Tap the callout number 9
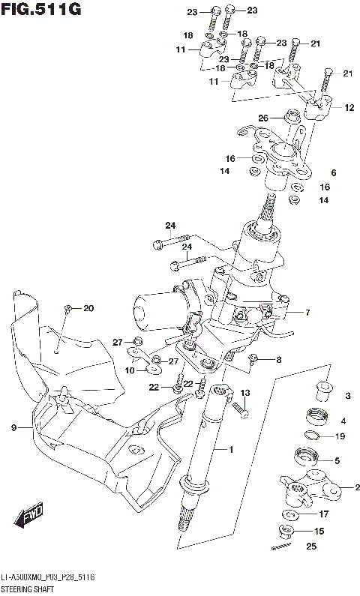tap(13, 428)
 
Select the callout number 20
tap(88, 309)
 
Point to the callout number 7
tap(307, 312)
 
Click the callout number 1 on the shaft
tap(232, 450)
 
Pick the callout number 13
tap(244, 393)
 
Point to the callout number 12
tap(349, 108)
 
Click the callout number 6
tap(333, 173)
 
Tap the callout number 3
tap(347, 395)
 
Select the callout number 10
tap(128, 370)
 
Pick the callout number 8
tap(278, 360)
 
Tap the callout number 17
tap(324, 514)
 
